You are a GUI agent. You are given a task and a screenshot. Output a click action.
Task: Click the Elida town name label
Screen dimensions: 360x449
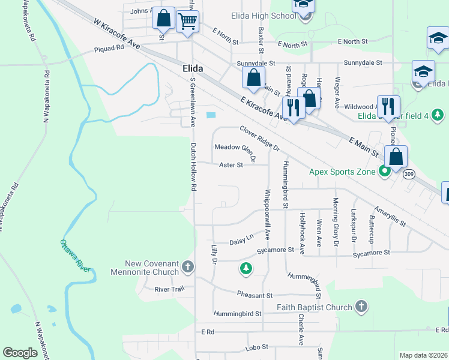192,69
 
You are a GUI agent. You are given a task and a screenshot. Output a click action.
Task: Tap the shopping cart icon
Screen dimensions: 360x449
188,22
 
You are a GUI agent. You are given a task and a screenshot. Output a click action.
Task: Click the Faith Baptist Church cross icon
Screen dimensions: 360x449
361,307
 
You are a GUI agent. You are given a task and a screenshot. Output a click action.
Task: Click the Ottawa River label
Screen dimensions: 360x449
75,256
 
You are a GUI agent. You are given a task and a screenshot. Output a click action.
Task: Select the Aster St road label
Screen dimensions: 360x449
231,164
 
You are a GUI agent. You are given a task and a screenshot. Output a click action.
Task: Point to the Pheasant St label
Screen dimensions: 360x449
255,295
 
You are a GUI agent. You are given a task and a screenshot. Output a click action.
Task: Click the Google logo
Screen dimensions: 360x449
20,353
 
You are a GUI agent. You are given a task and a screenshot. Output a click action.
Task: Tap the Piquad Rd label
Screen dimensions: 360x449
107,50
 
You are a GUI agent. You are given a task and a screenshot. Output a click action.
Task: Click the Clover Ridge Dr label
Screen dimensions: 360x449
259,138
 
